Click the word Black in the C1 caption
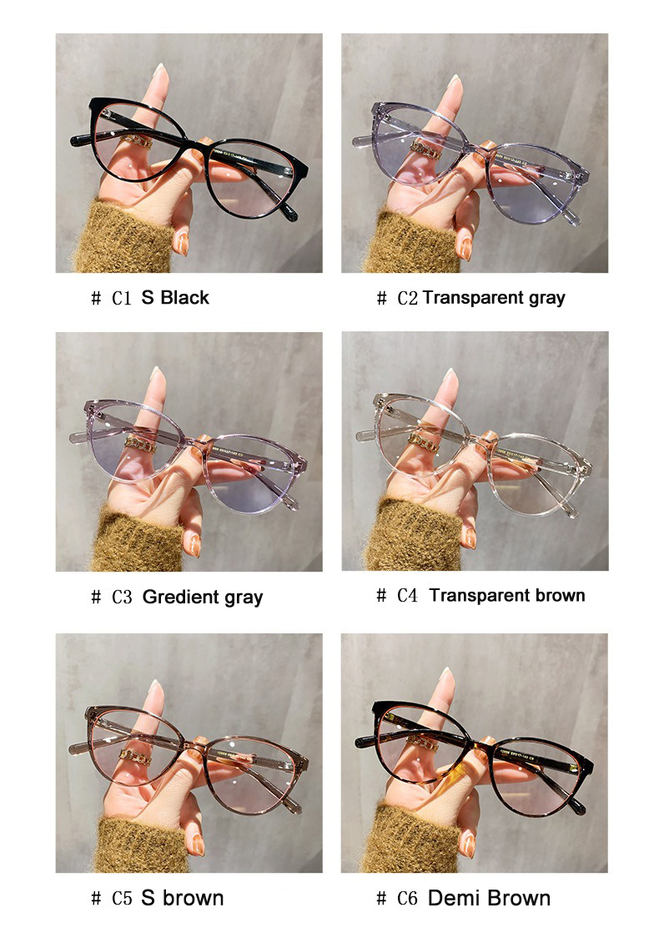tap(185, 297)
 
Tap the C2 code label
tap(407, 298)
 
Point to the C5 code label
tap(122, 898)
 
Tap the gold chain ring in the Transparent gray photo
tap(425, 149)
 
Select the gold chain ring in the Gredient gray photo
tap(140, 445)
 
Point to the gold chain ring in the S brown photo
tap(135, 756)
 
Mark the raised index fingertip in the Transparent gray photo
tap(455, 83)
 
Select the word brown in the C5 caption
tap(194, 898)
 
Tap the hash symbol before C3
tap(96, 597)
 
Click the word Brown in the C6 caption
tap(519, 898)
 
